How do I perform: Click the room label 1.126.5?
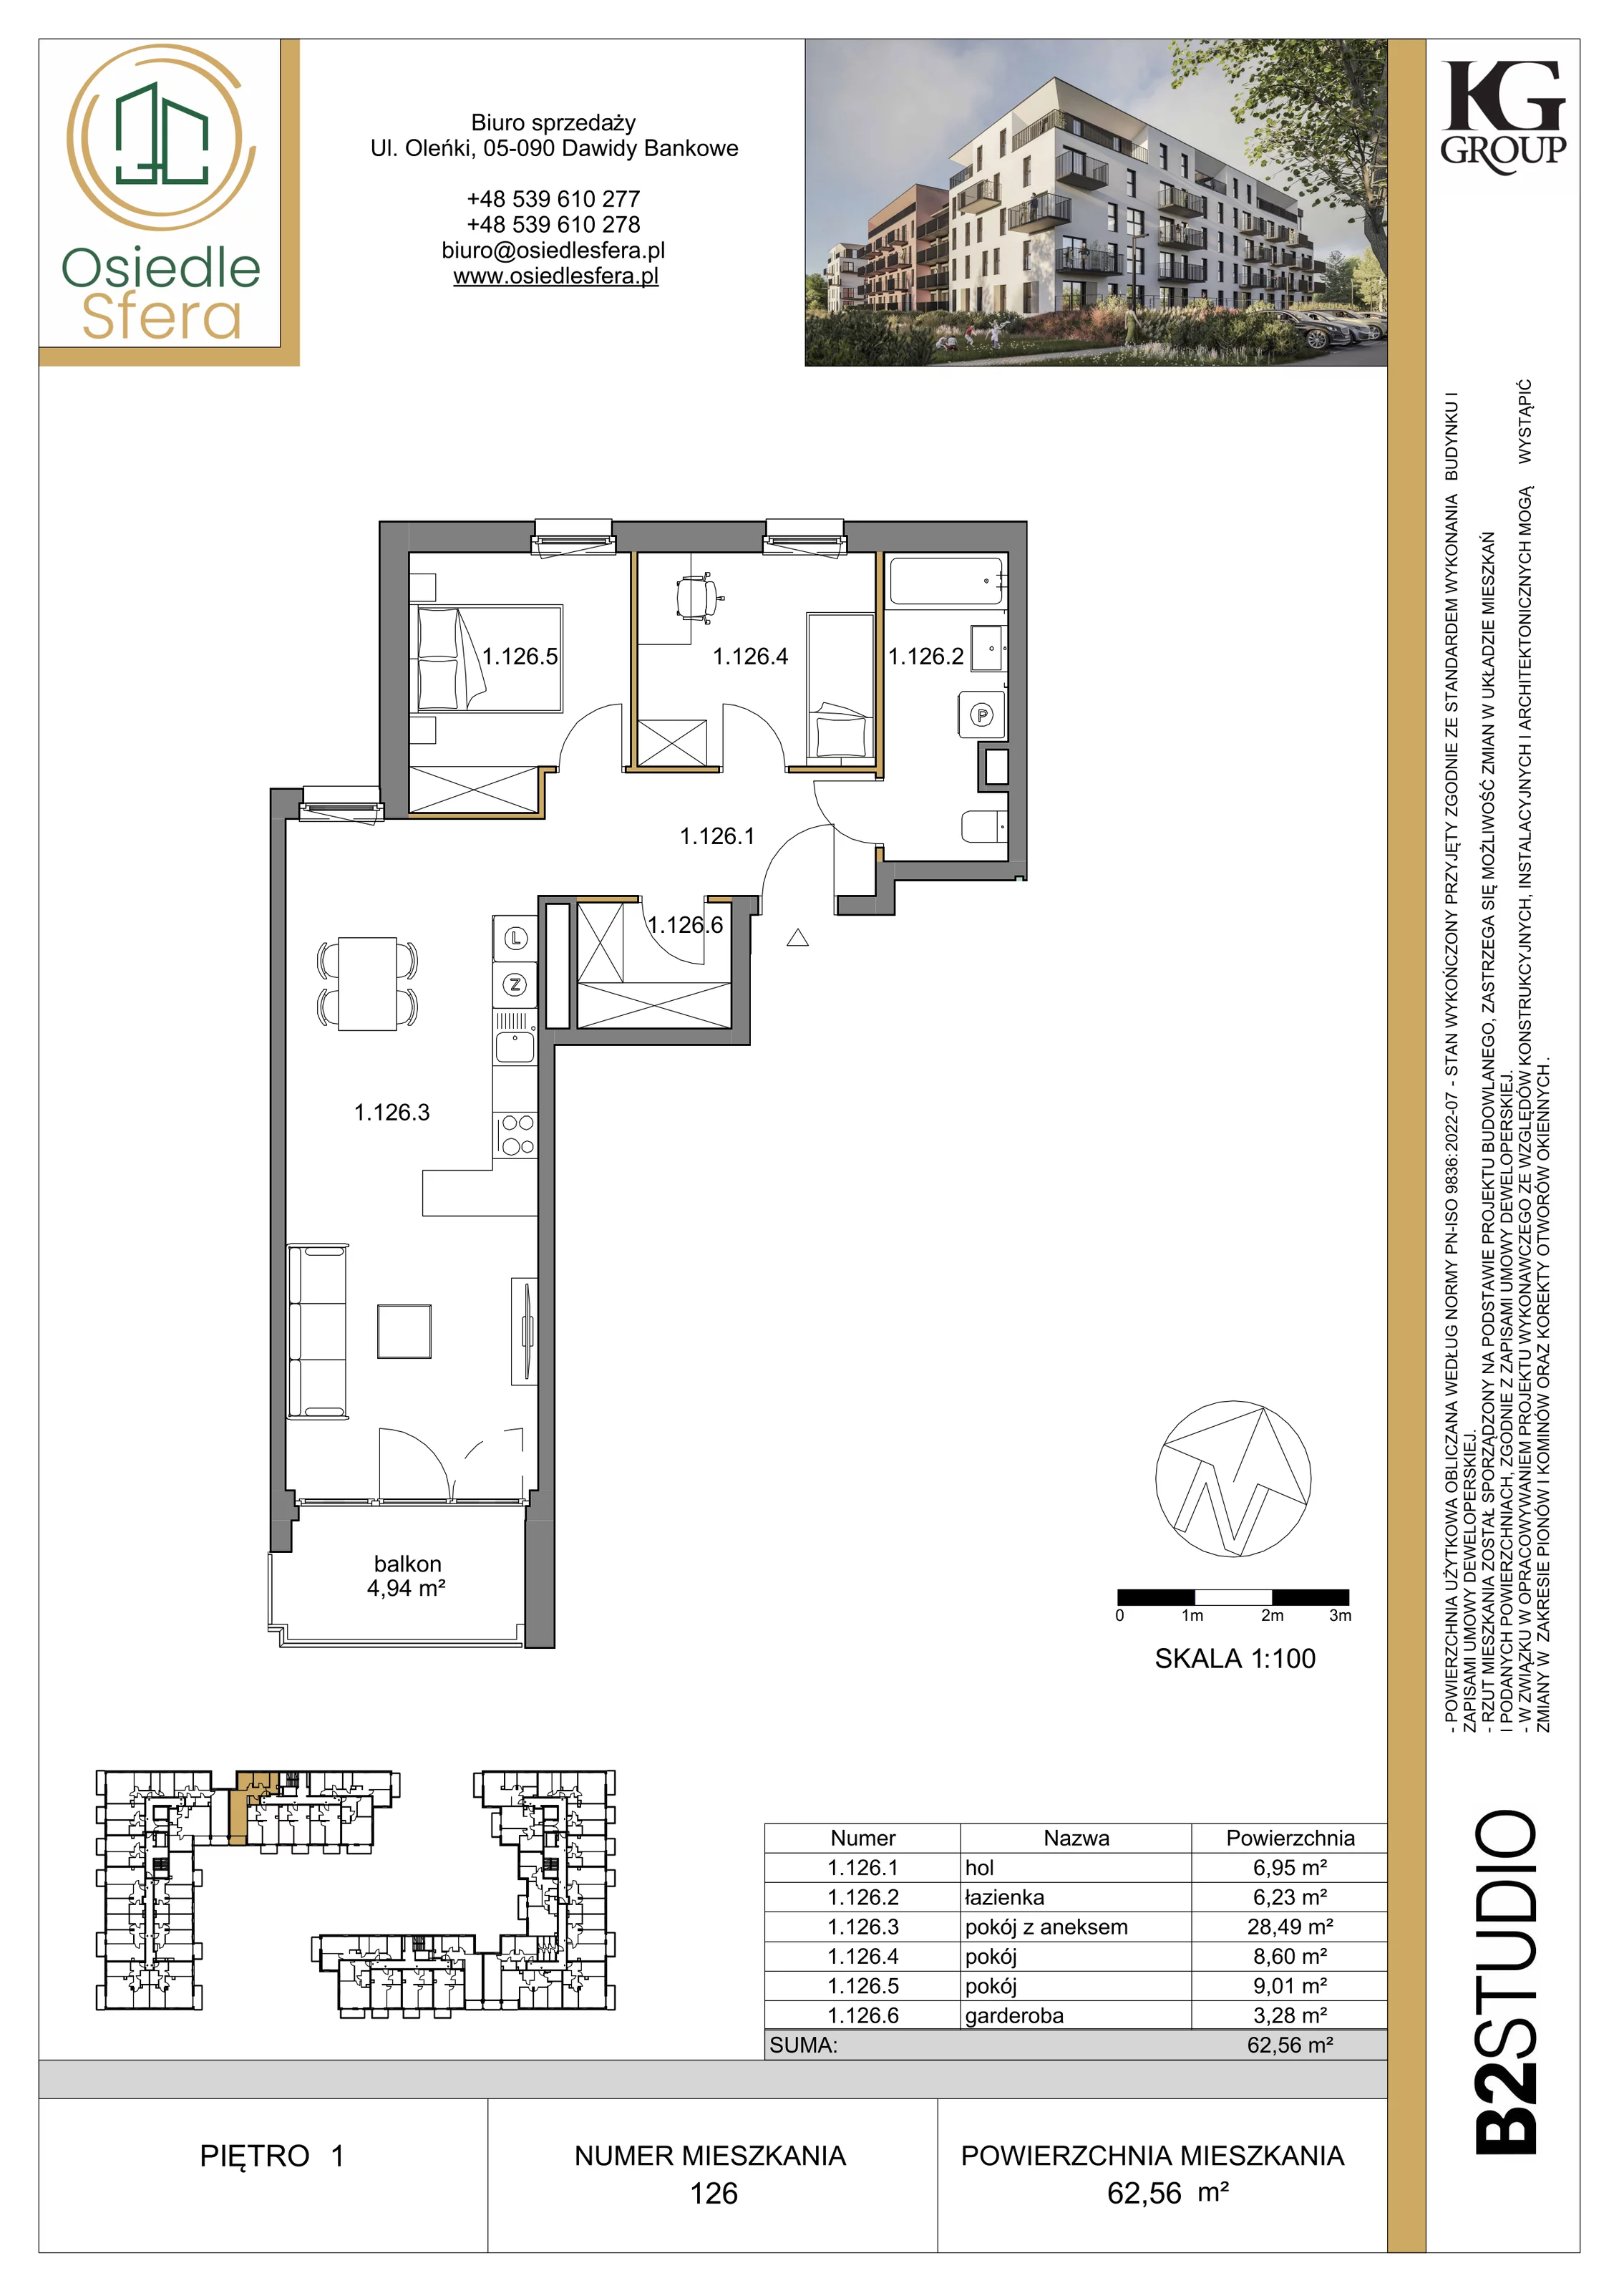(x=520, y=657)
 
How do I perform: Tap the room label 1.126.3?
(x=392, y=1113)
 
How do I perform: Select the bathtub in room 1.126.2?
(x=945, y=580)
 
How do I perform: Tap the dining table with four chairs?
(x=367, y=983)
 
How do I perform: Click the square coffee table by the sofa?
(x=404, y=1331)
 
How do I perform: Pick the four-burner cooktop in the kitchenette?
(x=516, y=1135)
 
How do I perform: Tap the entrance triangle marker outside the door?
(x=797, y=937)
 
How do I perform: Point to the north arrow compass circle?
(x=1233, y=1477)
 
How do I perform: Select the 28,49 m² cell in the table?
(x=1290, y=1927)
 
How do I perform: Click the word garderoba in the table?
(x=1014, y=2015)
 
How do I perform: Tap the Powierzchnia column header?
(x=1290, y=1838)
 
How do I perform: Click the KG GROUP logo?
(x=1503, y=117)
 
